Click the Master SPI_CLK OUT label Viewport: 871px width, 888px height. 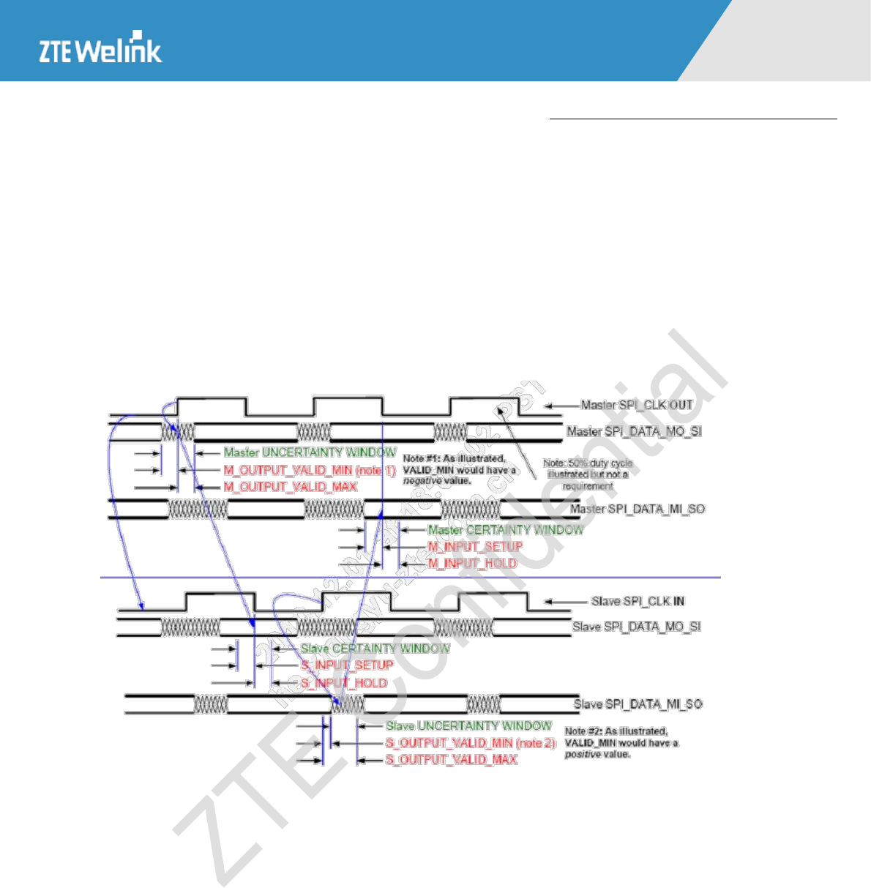[x=636, y=405]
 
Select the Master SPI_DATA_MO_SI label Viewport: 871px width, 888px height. [x=634, y=431]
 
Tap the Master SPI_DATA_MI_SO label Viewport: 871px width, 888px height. [x=638, y=509]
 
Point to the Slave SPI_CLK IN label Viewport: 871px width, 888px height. [x=638, y=601]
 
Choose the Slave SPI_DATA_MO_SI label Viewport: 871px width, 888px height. [x=636, y=627]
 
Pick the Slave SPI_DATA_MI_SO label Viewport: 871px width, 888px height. [x=638, y=704]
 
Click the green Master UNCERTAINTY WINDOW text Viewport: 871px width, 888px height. [x=310, y=452]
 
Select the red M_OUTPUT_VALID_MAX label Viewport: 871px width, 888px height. [x=290, y=487]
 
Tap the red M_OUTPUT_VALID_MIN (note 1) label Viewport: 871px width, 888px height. [x=309, y=470]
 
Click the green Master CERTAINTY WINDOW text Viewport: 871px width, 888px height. [x=506, y=529]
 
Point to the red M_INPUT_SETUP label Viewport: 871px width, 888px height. [x=475, y=546]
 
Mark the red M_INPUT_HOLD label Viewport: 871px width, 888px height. [x=472, y=563]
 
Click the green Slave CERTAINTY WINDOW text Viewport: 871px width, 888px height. [x=375, y=649]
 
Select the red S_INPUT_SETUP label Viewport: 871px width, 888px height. [x=347, y=665]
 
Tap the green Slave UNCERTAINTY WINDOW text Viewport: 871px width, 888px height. [x=468, y=725]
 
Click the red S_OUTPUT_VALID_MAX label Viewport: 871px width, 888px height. [x=451, y=760]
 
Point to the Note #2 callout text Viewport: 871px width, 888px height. [x=621, y=742]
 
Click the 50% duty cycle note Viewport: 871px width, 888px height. [x=588, y=474]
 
